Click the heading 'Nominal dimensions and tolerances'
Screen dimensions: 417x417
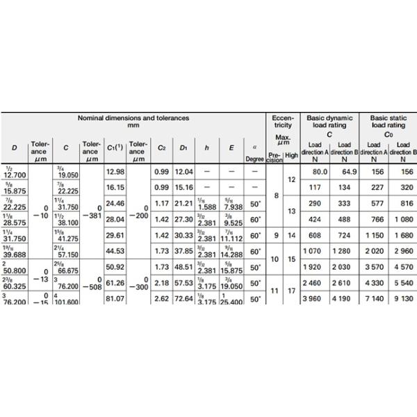[x=133, y=119]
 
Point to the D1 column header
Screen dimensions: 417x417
[x=183, y=148]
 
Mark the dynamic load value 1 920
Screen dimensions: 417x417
[x=316, y=267]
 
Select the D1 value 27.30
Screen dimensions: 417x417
[x=183, y=219]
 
